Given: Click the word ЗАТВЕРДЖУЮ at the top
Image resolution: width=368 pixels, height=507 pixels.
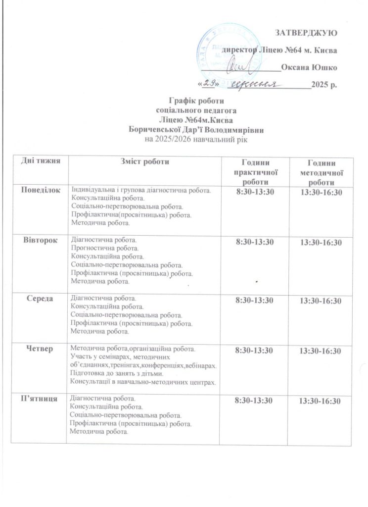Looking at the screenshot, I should pyautogui.click(x=306, y=34).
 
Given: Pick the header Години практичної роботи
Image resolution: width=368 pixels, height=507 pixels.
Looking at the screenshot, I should pyautogui.click(x=255, y=172).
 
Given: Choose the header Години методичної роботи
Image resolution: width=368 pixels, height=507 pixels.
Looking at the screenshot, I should pyautogui.click(x=322, y=173).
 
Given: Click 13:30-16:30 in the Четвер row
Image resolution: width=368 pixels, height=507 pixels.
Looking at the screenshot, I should pyautogui.click(x=322, y=351).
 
